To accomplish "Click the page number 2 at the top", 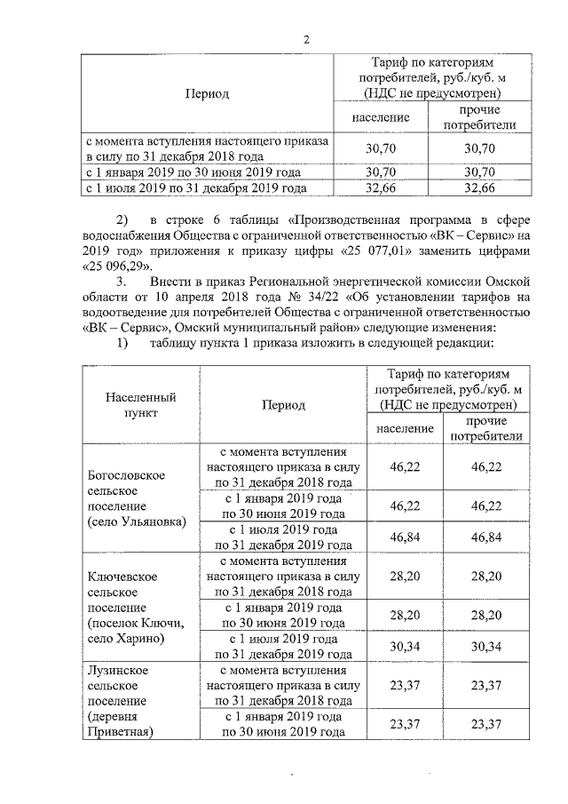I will pos(307,40).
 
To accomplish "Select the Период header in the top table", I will pos(207,93).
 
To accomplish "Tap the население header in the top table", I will pos(380,117).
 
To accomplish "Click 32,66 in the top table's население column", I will pos(380,188).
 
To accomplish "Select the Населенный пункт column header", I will pos(139,405).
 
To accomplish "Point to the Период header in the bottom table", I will pos(283,405).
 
